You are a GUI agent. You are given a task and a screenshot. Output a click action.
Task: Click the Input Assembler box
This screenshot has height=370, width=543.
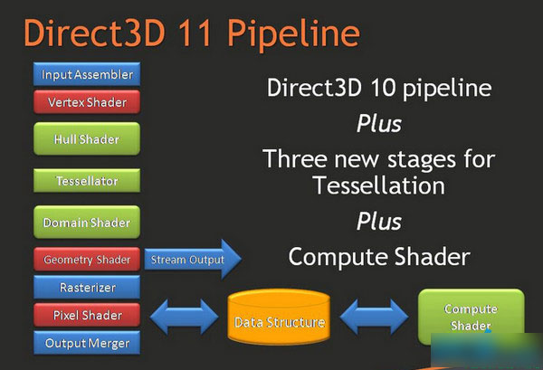[x=88, y=74]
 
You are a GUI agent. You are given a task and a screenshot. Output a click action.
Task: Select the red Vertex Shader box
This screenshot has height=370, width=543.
[x=88, y=102]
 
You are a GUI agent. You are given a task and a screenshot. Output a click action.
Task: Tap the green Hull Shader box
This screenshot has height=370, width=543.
[x=88, y=139]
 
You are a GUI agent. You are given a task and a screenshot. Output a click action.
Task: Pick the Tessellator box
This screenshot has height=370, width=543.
[x=88, y=181]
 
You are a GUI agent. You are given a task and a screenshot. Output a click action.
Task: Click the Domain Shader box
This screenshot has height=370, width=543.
[x=88, y=222]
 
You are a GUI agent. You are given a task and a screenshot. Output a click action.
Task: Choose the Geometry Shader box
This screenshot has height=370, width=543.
[x=88, y=260]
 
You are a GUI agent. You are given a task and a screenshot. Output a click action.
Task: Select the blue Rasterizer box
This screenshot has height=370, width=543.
[x=88, y=288]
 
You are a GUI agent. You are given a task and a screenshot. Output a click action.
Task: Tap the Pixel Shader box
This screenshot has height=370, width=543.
[x=88, y=316]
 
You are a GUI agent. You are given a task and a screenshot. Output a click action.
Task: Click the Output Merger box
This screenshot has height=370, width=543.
[x=88, y=343]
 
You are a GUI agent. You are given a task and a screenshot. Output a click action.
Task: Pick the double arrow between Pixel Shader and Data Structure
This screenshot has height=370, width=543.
[x=185, y=317]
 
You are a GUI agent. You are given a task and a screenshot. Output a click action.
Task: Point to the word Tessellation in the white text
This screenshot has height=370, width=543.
[x=379, y=186]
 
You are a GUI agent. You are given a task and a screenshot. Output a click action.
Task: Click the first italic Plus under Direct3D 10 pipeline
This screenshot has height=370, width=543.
[x=378, y=122]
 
